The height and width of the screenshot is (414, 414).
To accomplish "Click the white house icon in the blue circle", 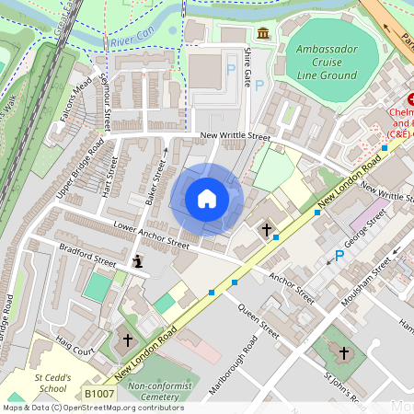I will (206, 199).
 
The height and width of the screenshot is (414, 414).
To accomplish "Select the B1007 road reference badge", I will (98, 394).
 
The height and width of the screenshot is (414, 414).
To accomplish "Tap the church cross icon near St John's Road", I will (344, 353).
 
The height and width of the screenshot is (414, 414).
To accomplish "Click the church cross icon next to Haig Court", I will (128, 341).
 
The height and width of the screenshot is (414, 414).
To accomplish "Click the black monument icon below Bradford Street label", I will (138, 263).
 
